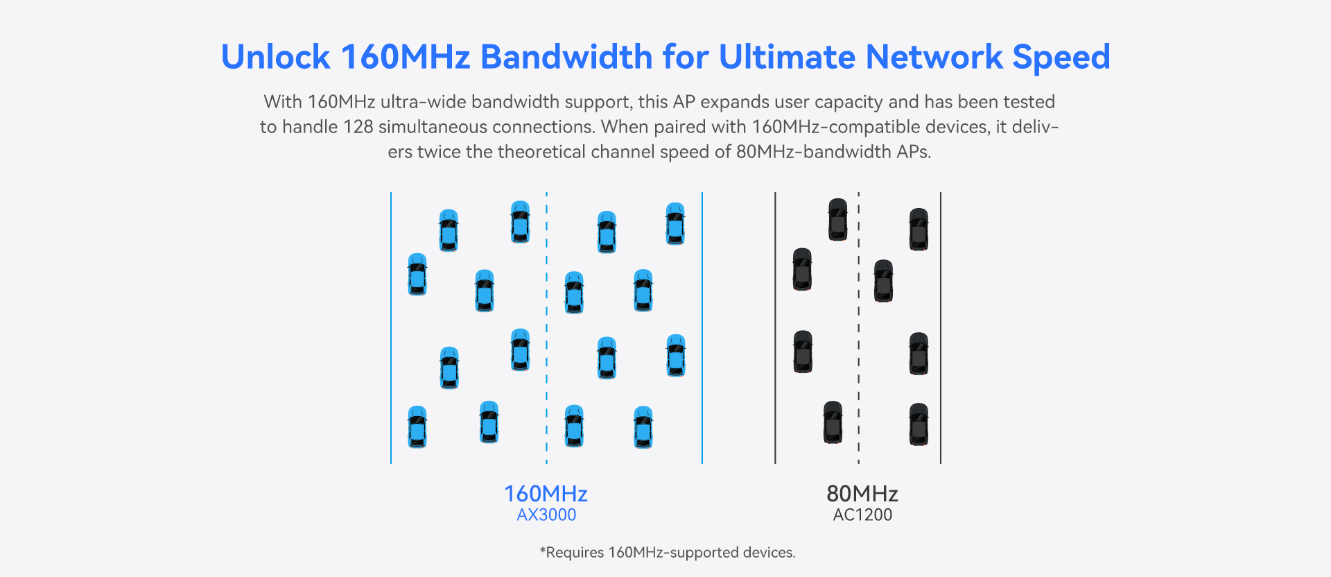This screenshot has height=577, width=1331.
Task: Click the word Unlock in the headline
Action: (x=275, y=57)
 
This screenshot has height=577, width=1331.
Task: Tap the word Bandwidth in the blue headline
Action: (x=565, y=57)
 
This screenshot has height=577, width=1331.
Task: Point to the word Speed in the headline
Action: (x=1061, y=57)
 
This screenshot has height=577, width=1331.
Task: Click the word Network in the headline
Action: (x=934, y=57)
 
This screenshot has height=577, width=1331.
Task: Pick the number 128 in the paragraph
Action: (x=358, y=127)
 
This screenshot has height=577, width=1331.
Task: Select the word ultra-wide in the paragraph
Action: (x=424, y=102)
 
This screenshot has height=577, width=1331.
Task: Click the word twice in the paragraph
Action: (x=439, y=152)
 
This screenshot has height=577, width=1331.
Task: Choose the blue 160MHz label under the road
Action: (x=546, y=494)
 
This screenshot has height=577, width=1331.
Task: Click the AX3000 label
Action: (x=546, y=515)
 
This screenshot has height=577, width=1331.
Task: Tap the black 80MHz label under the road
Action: (x=862, y=494)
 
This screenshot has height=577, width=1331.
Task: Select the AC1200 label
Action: (x=862, y=515)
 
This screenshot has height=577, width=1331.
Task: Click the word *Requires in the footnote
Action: (x=572, y=553)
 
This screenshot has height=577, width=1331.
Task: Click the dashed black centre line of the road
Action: (x=858, y=319)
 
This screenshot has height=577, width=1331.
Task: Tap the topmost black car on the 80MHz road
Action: (x=837, y=219)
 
